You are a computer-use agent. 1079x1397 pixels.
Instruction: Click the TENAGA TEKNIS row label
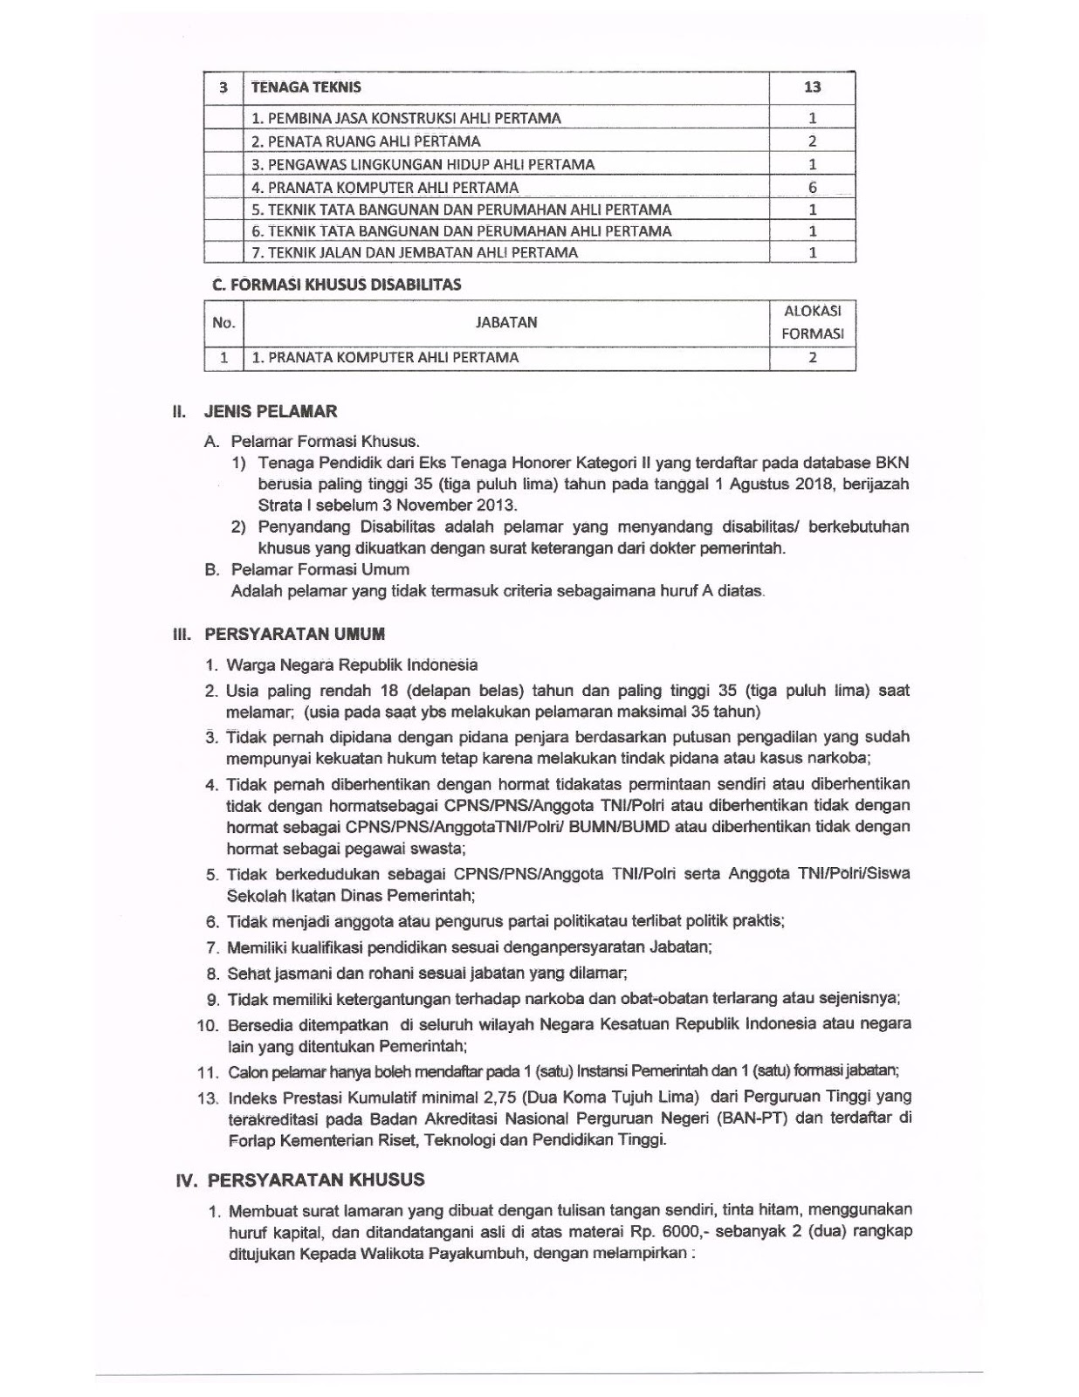tap(306, 87)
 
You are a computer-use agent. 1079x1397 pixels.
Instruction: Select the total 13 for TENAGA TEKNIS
tap(812, 87)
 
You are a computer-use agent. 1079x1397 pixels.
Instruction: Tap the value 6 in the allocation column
tap(812, 187)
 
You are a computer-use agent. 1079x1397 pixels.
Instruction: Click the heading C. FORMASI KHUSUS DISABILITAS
tap(337, 285)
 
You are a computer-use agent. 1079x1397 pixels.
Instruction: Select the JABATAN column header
tap(506, 322)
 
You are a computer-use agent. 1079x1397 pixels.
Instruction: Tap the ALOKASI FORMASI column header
tap(812, 322)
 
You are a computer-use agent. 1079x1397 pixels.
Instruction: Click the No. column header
tap(223, 322)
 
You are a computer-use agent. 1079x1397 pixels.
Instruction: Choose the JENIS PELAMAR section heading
tap(270, 411)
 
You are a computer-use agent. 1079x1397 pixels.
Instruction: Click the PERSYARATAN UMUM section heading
tap(294, 635)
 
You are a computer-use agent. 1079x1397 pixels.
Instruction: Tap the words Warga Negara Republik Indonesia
tap(352, 665)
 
